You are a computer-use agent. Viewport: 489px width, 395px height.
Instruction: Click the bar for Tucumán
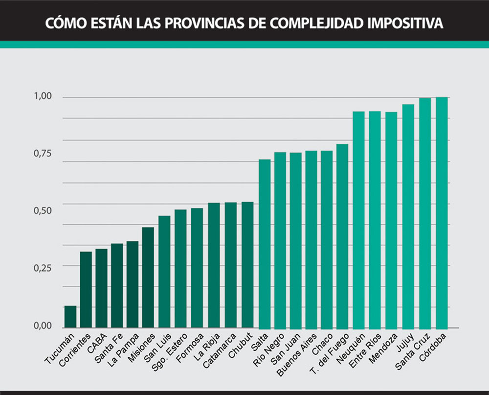(70, 317)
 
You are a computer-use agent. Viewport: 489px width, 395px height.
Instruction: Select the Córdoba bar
(442, 213)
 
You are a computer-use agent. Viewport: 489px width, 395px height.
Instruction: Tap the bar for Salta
(265, 244)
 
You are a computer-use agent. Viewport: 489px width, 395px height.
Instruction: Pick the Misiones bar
(148, 278)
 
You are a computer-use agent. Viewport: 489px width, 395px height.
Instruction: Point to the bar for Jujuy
(408, 216)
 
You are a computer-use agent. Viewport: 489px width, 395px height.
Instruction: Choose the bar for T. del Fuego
(342, 236)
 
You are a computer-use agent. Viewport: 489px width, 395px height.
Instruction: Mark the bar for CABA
(101, 288)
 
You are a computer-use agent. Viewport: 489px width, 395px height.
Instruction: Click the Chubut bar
(248, 265)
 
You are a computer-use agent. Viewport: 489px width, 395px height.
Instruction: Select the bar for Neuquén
(358, 220)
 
